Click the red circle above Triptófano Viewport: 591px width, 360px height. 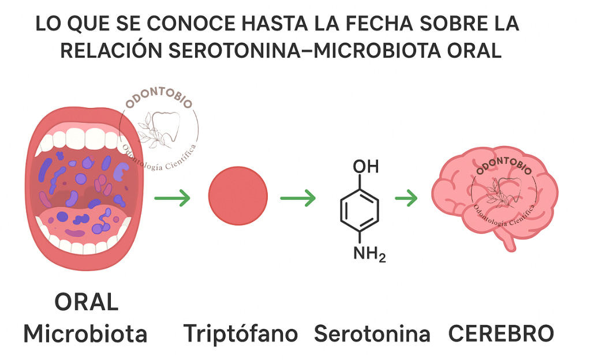(238, 195)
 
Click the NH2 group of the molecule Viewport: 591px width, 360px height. (368, 252)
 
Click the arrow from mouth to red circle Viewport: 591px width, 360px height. (173, 199)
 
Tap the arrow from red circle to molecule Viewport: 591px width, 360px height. (298, 199)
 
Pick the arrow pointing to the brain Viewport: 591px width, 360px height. (406, 199)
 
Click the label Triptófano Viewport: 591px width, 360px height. (241, 333)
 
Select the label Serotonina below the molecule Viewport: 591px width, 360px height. (372, 333)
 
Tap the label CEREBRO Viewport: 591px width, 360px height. (501, 333)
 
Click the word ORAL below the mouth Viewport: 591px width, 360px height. (87, 302)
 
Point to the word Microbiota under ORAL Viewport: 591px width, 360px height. (85, 333)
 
